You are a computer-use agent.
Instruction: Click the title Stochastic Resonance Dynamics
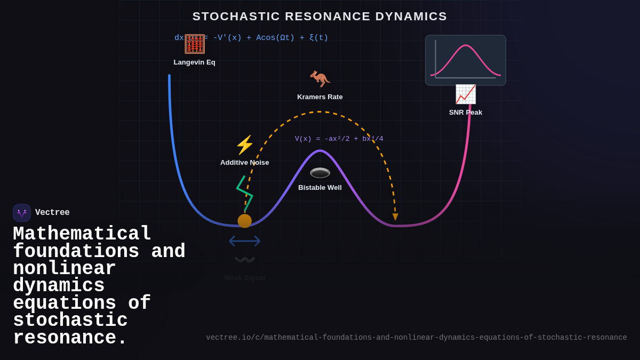(319, 17)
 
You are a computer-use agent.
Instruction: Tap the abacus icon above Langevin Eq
(195, 44)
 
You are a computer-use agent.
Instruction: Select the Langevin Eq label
(194, 62)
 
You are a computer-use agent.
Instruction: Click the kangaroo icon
(320, 79)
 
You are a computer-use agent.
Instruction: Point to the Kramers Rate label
(320, 97)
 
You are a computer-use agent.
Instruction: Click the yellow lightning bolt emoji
(245, 145)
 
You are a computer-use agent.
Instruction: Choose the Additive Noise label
(244, 163)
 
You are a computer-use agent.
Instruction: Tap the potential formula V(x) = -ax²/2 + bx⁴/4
(339, 139)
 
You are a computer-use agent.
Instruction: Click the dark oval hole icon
(320, 173)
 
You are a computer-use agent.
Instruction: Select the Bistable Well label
(320, 188)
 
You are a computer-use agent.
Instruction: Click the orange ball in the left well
(245, 221)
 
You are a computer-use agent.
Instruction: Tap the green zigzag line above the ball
(244, 193)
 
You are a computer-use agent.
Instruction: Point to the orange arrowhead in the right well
(395, 217)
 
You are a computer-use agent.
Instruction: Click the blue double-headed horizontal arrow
(245, 241)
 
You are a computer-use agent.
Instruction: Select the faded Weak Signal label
(244, 278)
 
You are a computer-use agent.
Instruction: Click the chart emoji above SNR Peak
(465, 94)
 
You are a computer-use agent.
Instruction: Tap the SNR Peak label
(466, 113)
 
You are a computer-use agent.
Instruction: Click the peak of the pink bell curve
(467, 46)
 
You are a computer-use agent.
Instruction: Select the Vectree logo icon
(22, 213)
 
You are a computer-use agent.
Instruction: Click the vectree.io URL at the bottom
(416, 338)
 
